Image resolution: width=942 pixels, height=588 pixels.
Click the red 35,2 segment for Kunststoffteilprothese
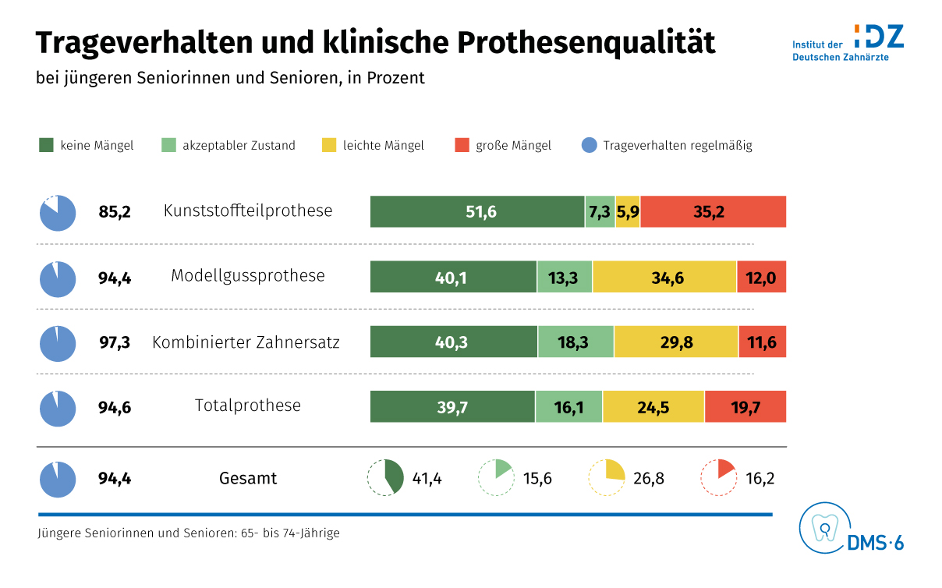[x=713, y=211]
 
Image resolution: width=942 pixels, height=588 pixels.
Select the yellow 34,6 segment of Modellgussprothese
[x=664, y=277]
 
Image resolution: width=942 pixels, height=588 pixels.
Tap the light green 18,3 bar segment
[x=575, y=342]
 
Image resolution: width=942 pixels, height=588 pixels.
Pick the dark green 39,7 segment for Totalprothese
[x=452, y=406]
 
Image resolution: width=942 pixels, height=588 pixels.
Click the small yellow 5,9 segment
[x=627, y=211]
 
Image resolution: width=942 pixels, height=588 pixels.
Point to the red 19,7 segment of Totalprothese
[x=745, y=406]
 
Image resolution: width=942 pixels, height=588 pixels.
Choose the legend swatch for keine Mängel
[x=46, y=145]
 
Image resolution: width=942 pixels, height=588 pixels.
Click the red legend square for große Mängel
[x=462, y=145]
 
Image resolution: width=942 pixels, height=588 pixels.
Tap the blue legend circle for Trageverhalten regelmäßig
[x=590, y=145]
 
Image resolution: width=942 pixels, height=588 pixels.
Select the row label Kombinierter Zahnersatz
[x=246, y=342]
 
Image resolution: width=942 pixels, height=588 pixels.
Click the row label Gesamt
[x=248, y=478]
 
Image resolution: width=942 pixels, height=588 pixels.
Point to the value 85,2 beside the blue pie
[x=115, y=211]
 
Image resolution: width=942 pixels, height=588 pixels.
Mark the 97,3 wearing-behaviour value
[x=115, y=342]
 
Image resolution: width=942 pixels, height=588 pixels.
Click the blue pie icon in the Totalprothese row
[x=58, y=409]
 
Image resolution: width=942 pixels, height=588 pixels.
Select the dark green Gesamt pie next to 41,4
[x=385, y=478]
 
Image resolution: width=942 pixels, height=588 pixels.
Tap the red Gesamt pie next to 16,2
[x=719, y=478]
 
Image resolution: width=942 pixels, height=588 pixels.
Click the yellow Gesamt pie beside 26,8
[x=607, y=478]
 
